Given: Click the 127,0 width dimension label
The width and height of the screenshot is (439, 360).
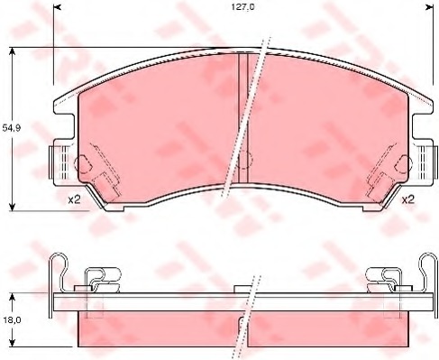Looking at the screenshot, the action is point(242,7).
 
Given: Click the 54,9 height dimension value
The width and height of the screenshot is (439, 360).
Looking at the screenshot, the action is point(12,128).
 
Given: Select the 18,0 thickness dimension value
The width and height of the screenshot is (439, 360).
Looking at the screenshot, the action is point(12,320).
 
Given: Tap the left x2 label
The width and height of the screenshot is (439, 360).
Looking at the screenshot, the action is point(74,199).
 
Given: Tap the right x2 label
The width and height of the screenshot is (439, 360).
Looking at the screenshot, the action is point(408,199).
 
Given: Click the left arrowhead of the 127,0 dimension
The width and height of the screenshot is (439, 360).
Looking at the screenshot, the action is point(57,7).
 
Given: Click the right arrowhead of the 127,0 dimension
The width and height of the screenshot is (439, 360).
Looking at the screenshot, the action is point(429,7).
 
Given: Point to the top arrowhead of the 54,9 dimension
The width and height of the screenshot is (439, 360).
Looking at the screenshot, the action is point(12,51).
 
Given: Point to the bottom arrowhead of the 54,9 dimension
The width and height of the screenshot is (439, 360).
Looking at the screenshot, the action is point(12,207).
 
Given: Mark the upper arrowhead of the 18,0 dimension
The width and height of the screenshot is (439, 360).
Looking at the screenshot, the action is point(12,298).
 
